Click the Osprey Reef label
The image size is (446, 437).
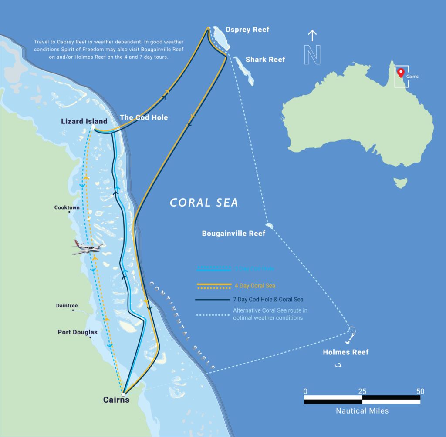pos(247,30)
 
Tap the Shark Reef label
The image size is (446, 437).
pos(265,59)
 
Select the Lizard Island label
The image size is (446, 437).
pos(84,121)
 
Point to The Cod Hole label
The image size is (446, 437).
pos(144,117)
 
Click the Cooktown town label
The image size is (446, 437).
pos(67,207)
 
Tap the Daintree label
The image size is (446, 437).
pos(67,305)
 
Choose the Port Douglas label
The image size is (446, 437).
pos(78,332)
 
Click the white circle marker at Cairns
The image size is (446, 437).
pos(123,394)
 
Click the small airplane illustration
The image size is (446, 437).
pos(88,247)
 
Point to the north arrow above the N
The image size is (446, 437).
pos(312,35)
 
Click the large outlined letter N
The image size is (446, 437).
pos(312,55)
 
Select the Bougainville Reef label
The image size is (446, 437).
pos(233,234)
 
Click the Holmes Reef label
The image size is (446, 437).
pos(345,352)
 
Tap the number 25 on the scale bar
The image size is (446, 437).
pos(362,391)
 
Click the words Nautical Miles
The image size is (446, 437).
pos(362,410)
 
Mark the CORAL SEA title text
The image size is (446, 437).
pos(204,203)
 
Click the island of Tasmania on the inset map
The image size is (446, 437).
pos(400,182)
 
